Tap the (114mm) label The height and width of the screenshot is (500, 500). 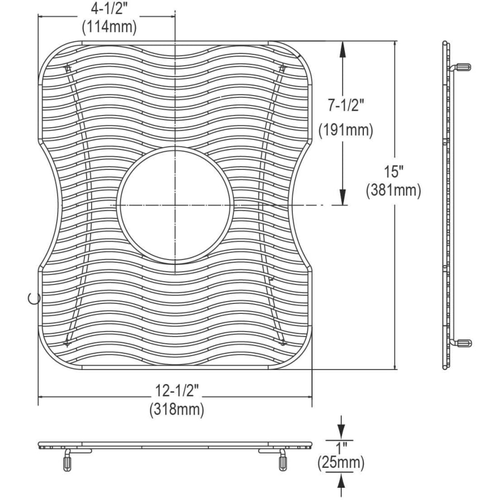click(109, 27)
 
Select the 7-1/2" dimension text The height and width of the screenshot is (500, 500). click(346, 105)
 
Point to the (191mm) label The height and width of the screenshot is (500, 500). click(346, 131)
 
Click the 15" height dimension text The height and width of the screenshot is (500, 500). click(393, 172)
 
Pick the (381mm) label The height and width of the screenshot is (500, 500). click(393, 191)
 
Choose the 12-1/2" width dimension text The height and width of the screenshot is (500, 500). click(177, 391)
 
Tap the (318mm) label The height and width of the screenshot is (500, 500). click(177, 409)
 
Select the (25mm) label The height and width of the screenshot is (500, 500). click(341, 463)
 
